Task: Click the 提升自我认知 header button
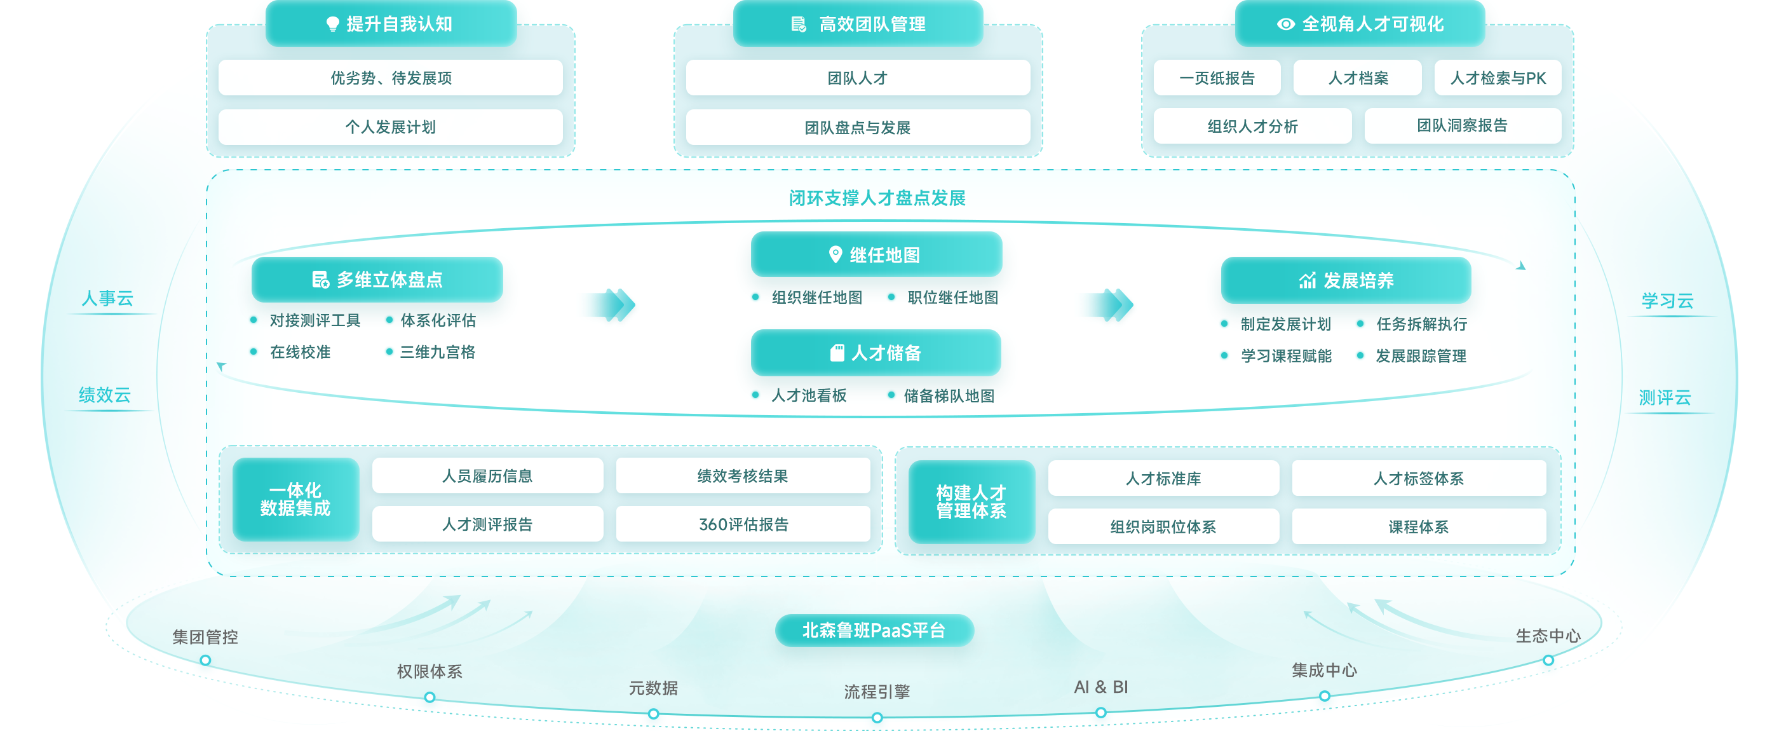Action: click(391, 24)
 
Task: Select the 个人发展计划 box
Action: click(390, 127)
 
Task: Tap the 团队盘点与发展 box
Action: click(857, 127)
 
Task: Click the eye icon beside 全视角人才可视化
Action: click(1285, 24)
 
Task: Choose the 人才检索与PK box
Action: click(1498, 78)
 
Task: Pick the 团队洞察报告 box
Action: click(1462, 126)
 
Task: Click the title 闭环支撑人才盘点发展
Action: click(876, 198)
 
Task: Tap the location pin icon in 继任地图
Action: click(835, 255)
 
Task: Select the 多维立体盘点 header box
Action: click(377, 279)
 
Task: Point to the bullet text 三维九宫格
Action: click(437, 352)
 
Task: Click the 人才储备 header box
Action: click(876, 353)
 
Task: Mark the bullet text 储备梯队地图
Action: click(948, 396)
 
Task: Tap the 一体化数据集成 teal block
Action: click(295, 499)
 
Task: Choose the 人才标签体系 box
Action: click(1418, 478)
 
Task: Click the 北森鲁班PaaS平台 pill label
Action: click(874, 630)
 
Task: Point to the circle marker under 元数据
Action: click(653, 714)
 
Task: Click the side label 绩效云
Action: click(105, 395)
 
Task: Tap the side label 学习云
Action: click(1667, 301)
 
